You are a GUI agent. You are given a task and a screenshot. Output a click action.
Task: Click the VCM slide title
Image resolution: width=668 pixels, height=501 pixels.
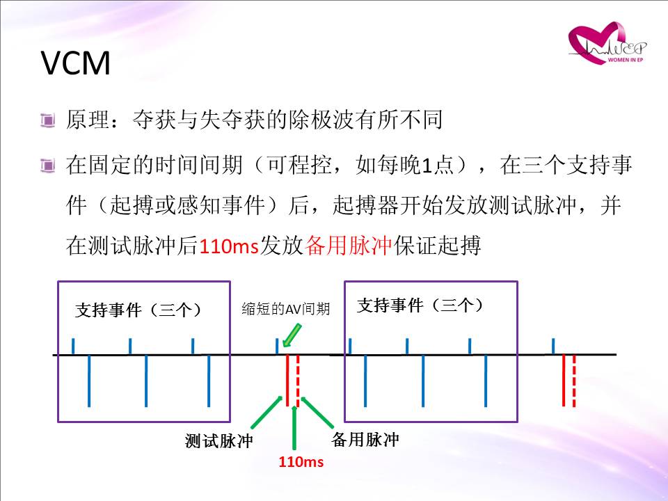[76, 63]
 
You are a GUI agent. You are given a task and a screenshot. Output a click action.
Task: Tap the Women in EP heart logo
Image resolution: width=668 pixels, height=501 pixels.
[607, 43]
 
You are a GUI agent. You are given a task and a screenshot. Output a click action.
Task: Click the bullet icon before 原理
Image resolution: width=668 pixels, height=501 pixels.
[47, 120]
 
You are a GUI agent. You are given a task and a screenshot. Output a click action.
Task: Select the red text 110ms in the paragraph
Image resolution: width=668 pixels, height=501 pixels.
[229, 246]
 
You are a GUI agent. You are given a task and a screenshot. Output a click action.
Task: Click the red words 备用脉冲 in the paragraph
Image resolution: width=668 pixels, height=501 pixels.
[348, 246]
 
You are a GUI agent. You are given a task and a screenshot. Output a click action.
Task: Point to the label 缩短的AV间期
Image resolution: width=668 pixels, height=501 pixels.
[286, 308]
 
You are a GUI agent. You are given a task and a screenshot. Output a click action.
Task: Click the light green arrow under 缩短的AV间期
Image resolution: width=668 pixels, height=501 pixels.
[292, 335]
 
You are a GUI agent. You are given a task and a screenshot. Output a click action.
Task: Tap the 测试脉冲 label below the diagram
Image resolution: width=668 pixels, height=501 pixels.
[219, 441]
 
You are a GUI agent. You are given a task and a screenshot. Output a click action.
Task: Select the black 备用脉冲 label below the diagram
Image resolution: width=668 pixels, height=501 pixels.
[365, 440]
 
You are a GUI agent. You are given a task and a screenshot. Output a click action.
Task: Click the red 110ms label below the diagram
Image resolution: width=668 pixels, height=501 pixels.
[301, 462]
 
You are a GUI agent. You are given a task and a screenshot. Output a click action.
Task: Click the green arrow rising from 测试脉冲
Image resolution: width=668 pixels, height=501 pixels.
[267, 412]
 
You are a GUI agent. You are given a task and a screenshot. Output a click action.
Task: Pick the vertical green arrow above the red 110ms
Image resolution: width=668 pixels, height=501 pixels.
[294, 427]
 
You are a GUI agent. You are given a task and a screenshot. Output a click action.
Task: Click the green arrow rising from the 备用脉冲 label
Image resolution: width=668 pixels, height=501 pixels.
[317, 412]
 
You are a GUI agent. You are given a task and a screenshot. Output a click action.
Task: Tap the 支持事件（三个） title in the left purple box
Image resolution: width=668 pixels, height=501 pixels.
[138, 310]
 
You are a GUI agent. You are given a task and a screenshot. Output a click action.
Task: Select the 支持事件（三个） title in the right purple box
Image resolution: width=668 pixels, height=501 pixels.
[420, 305]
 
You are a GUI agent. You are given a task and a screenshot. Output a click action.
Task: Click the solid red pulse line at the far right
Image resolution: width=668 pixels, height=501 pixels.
[563, 381]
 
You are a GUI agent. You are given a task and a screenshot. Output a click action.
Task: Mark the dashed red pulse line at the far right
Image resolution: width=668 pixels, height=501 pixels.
[574, 381]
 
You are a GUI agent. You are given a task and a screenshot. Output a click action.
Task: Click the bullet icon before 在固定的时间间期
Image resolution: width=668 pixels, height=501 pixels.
[47, 166]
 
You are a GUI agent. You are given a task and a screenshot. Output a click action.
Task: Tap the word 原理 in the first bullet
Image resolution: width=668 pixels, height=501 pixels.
[88, 119]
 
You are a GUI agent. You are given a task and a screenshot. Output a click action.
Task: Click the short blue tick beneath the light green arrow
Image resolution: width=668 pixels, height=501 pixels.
[278, 346]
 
